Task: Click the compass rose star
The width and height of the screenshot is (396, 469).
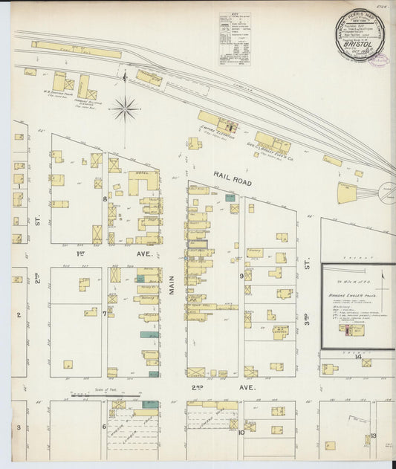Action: [x=125, y=109]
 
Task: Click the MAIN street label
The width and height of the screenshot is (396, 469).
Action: [x=171, y=281]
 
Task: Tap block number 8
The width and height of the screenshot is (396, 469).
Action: [x=105, y=199]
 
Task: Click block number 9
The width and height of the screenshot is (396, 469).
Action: [x=241, y=276]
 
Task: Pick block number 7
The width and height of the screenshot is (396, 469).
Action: [x=105, y=314]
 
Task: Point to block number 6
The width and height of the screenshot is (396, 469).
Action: [x=104, y=427]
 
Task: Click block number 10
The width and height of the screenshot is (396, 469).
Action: [x=241, y=432]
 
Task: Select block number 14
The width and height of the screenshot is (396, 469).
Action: [x=357, y=357]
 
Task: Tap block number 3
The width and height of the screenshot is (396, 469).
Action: [x=19, y=428]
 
